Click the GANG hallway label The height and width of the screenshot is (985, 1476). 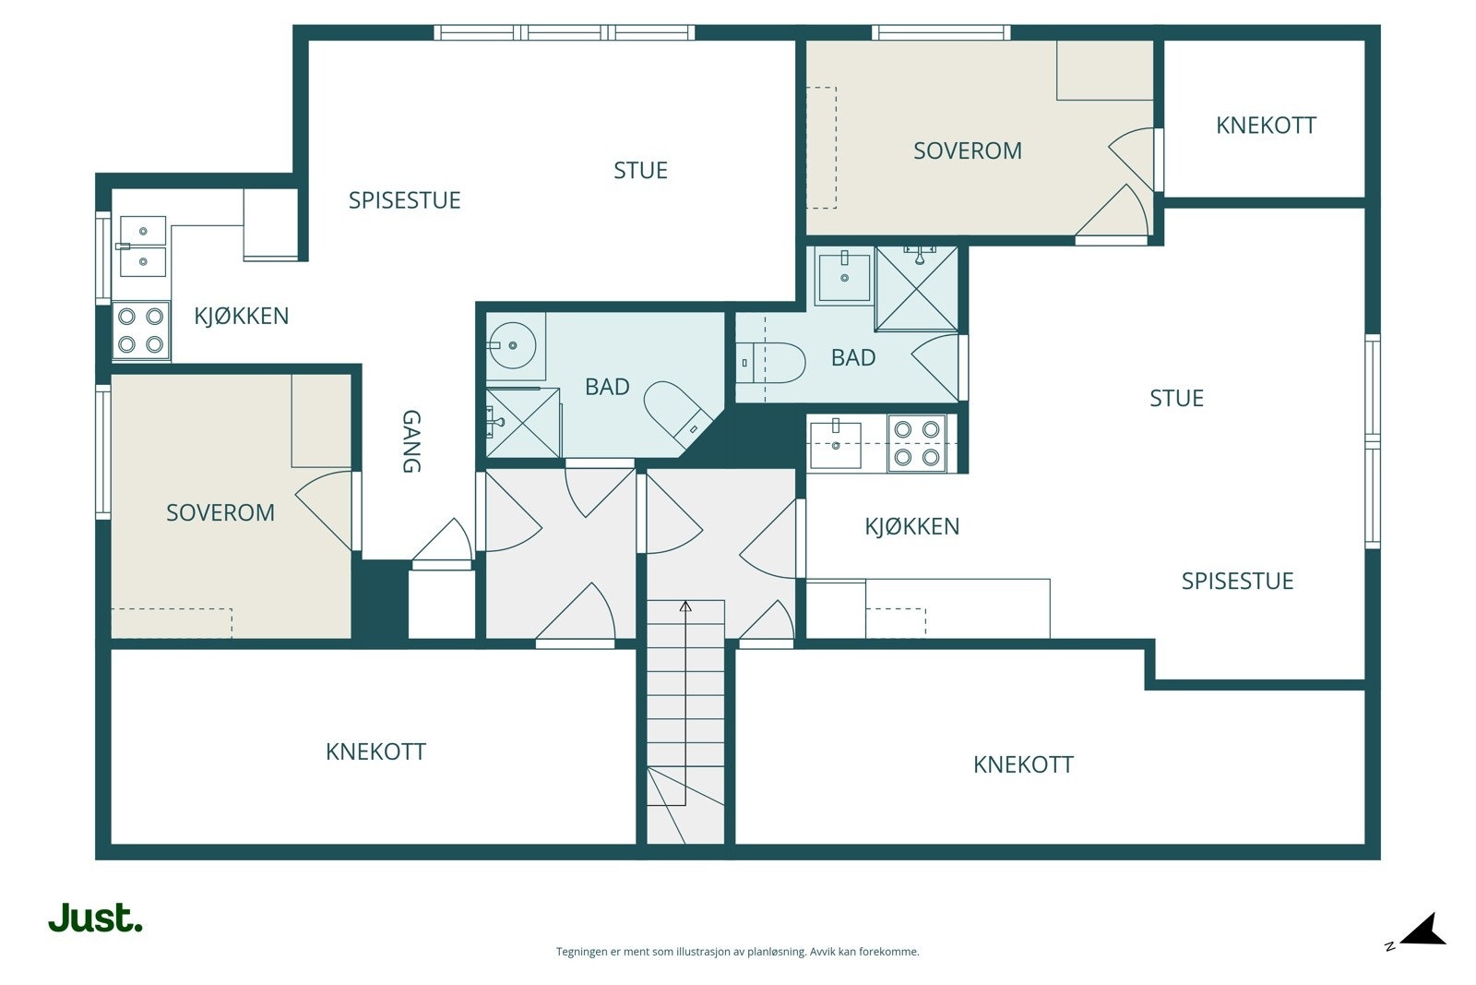(x=411, y=441)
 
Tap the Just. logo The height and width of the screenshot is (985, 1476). (x=96, y=918)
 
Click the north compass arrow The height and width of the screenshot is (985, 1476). (x=1423, y=931)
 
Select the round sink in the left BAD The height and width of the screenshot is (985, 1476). (x=512, y=345)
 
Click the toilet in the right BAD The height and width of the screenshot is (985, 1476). (x=771, y=363)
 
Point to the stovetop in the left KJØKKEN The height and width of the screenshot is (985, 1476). (x=141, y=330)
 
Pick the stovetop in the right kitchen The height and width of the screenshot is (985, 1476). (x=917, y=443)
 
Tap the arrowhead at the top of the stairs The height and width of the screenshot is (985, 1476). (x=686, y=606)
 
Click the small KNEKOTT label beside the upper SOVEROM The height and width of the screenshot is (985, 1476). (x=1266, y=126)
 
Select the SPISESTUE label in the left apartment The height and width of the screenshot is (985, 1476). (x=405, y=200)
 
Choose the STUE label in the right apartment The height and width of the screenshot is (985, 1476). (x=1177, y=398)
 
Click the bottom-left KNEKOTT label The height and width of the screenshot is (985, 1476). (x=375, y=751)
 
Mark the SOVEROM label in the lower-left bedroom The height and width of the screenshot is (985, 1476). (x=220, y=513)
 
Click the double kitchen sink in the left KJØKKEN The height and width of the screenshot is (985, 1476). (x=142, y=246)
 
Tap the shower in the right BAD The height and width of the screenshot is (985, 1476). (x=917, y=289)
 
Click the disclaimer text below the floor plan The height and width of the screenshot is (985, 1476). (x=737, y=952)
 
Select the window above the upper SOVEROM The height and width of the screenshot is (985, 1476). (x=941, y=32)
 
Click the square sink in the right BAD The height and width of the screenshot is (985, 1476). (x=843, y=276)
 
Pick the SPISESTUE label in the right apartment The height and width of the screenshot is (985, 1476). (x=1237, y=581)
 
